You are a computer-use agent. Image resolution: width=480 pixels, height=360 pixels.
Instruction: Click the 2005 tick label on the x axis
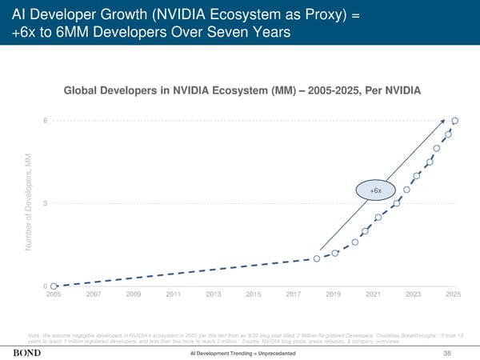click(x=54, y=295)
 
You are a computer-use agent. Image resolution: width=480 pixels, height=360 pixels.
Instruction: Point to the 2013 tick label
click(x=214, y=295)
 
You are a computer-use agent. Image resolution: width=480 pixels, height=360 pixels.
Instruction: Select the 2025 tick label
click(x=453, y=295)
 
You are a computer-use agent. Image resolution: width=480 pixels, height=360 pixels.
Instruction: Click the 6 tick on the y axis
click(x=45, y=121)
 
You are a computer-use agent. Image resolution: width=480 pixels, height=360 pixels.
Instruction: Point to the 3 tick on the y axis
click(x=45, y=203)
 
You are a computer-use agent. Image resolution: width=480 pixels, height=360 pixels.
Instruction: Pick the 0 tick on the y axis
click(x=45, y=286)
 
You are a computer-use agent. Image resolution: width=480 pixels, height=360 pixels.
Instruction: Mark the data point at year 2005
click(x=54, y=286)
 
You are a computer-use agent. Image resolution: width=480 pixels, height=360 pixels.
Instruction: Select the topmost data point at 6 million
click(x=454, y=121)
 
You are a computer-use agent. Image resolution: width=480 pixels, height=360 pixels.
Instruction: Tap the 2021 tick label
click(x=373, y=295)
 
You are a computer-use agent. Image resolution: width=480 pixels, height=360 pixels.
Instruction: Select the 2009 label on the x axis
click(x=133, y=295)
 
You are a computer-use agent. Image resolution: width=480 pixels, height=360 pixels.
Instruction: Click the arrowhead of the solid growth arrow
click(x=446, y=125)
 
